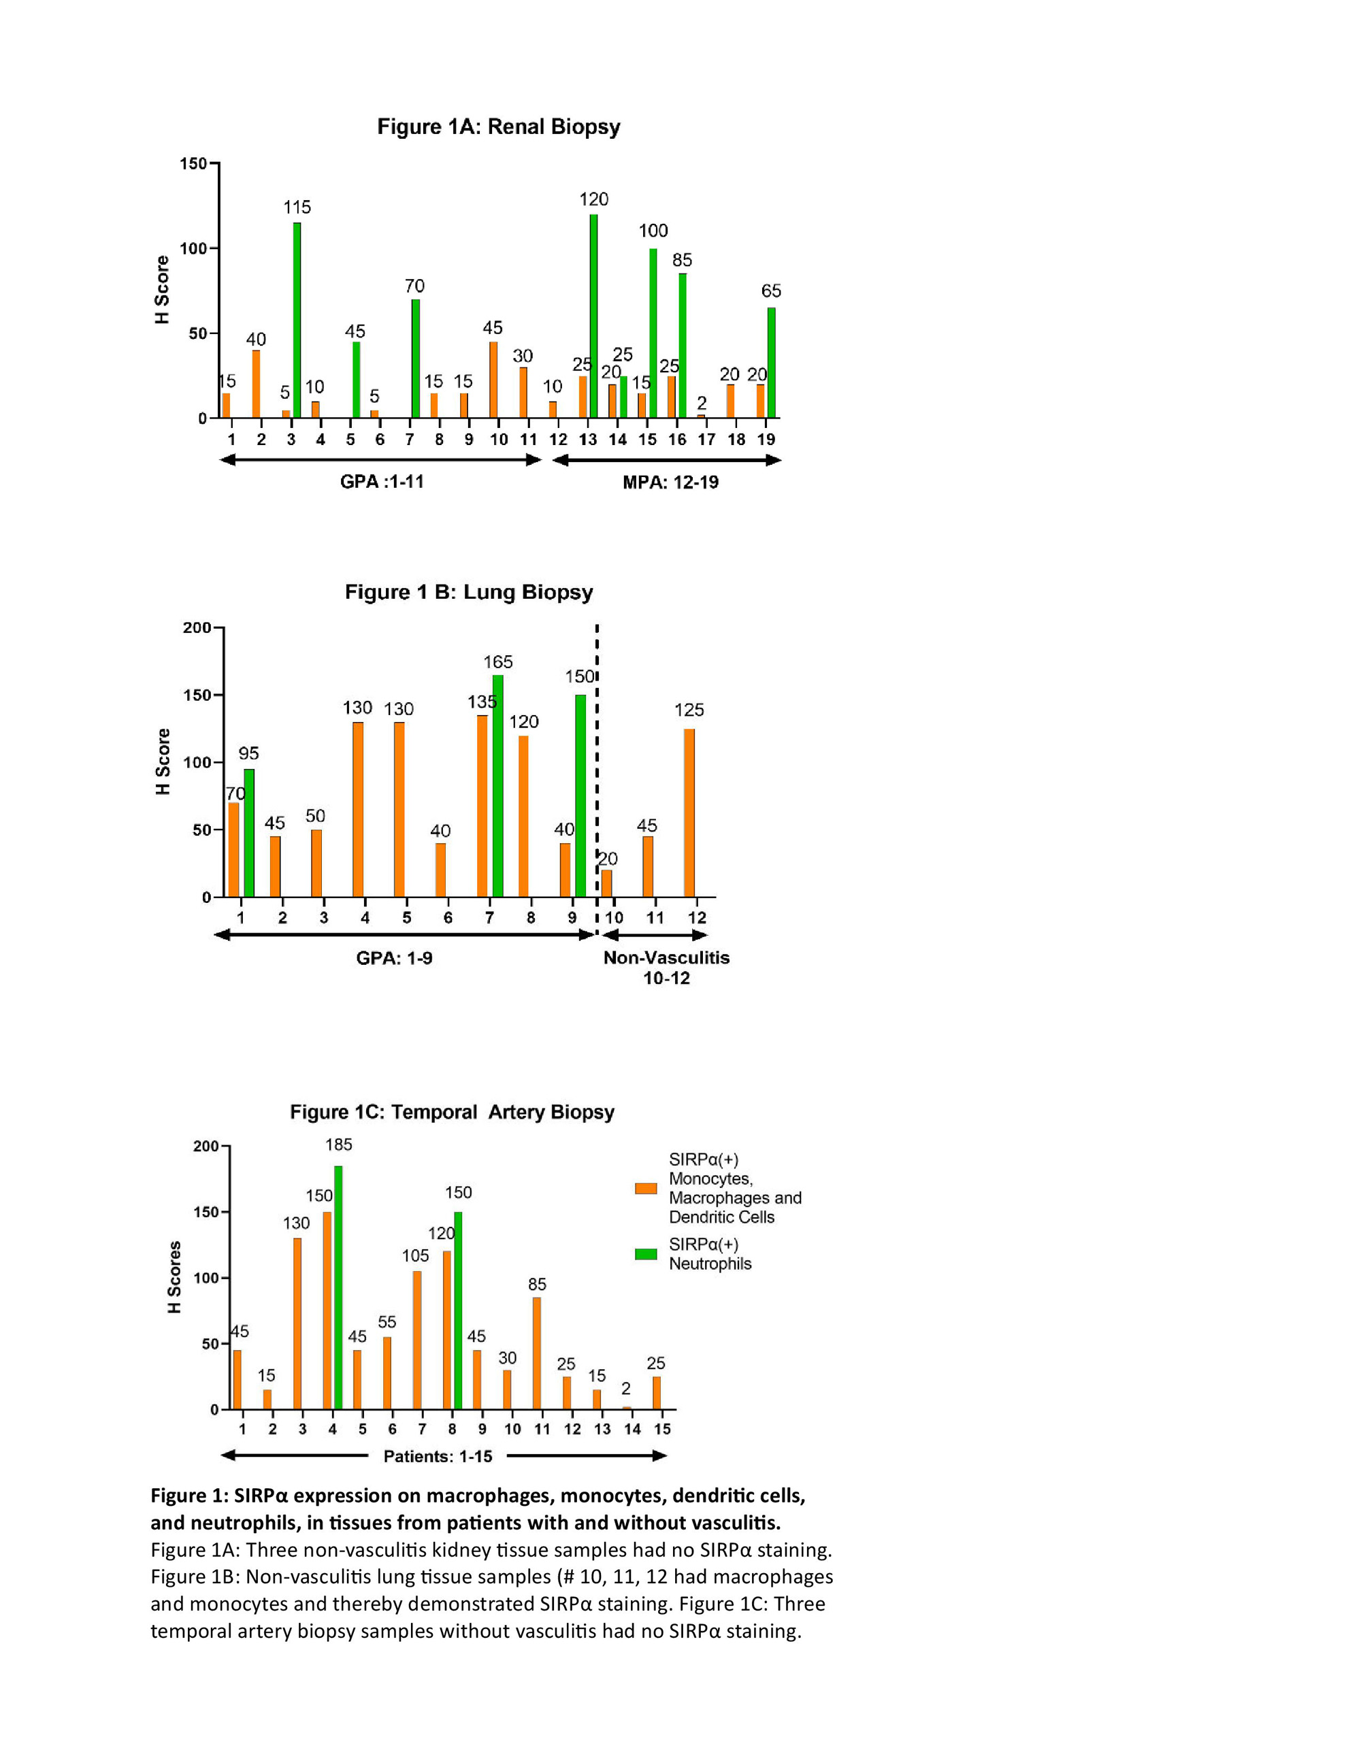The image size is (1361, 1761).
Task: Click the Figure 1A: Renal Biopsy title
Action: coord(498,127)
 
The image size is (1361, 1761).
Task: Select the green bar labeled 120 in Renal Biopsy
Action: coord(593,316)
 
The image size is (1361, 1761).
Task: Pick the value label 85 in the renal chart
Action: coord(682,261)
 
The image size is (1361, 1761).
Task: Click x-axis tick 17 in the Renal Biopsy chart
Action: coord(706,440)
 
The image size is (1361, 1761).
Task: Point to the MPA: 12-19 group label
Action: coord(670,482)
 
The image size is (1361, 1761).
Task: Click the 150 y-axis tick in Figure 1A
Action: coord(193,164)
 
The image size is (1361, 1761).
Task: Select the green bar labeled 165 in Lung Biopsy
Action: coord(497,785)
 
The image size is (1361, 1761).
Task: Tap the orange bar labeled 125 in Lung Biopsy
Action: coord(689,812)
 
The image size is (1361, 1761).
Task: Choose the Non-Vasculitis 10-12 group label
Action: coord(666,968)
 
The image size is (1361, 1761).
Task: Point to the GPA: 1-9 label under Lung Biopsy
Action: coord(394,958)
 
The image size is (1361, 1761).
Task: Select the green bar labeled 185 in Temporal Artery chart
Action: coord(338,1287)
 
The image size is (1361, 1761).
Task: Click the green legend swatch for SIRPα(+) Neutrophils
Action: coord(646,1254)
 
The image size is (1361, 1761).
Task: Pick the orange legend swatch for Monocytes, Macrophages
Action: coord(646,1187)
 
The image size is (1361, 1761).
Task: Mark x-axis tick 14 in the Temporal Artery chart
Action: coord(632,1429)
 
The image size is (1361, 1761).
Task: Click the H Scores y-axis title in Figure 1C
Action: coord(174,1277)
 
